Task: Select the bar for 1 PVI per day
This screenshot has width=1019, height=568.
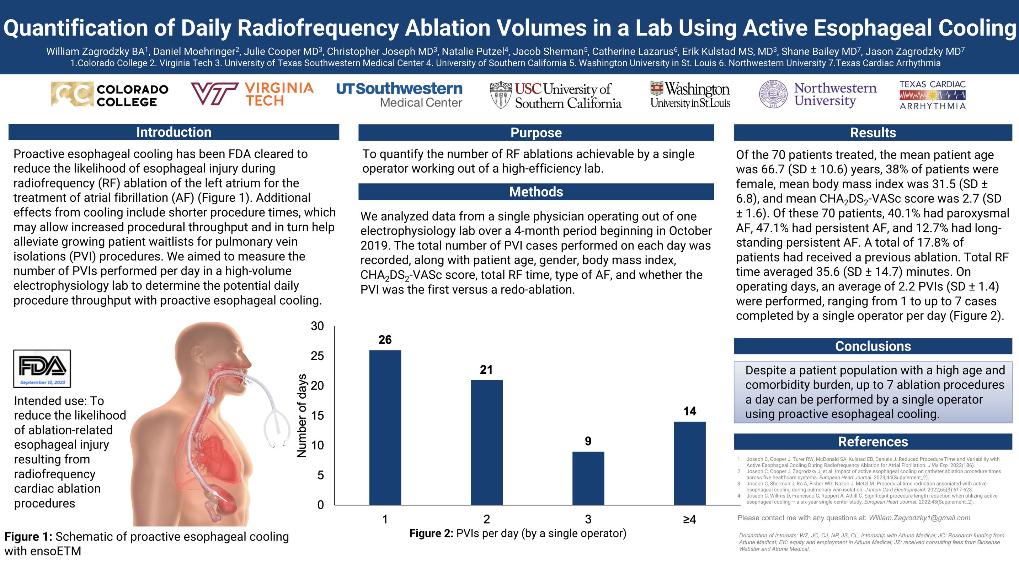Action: pos(385,427)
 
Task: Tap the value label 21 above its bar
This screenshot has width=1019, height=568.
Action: pos(486,370)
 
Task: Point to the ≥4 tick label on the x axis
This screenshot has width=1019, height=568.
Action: pos(689,519)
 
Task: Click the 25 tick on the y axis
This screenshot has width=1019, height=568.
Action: pos(317,356)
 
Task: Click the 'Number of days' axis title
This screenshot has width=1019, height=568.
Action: pos(302,416)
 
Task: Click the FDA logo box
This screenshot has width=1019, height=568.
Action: pos(42,368)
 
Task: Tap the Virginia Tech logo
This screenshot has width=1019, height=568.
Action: pos(252,94)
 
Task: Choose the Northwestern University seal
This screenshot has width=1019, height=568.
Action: pos(773,95)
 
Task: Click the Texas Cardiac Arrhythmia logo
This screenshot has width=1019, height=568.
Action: pos(932,95)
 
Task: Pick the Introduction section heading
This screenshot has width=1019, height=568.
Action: pos(174,132)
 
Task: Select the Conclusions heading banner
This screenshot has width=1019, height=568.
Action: pos(873,346)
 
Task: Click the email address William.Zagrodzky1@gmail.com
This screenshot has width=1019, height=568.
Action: pos(919,518)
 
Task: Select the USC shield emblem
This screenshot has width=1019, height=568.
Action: pos(501,95)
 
